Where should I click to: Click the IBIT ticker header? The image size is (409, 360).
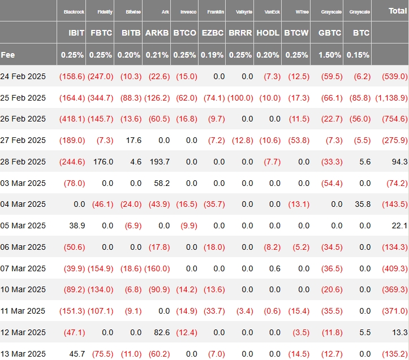(76, 33)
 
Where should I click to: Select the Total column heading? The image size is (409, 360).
(398, 11)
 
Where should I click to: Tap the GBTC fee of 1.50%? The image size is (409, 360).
(330, 55)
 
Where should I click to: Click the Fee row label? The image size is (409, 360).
(8, 55)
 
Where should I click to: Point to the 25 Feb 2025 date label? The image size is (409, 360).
(23, 98)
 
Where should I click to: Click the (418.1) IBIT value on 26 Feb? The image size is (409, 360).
(72, 119)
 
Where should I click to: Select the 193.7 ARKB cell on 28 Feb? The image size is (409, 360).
(160, 162)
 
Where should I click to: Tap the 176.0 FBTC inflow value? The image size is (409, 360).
(104, 162)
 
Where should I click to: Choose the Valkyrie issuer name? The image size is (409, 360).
(244, 12)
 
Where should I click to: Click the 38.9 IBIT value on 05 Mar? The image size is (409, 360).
(77, 225)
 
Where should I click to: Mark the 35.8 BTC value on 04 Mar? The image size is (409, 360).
(363, 204)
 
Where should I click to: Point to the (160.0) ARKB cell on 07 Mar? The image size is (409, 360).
(157, 268)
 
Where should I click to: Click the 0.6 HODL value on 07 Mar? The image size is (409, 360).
(275, 268)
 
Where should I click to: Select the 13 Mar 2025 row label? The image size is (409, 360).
(23, 354)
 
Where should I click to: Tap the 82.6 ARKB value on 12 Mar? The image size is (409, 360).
(162, 332)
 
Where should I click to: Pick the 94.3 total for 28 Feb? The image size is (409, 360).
(399, 162)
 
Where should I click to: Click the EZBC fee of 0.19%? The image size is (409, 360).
(212, 55)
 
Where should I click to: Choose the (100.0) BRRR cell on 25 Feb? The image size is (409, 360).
(240, 98)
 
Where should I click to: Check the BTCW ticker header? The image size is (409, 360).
(296, 33)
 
